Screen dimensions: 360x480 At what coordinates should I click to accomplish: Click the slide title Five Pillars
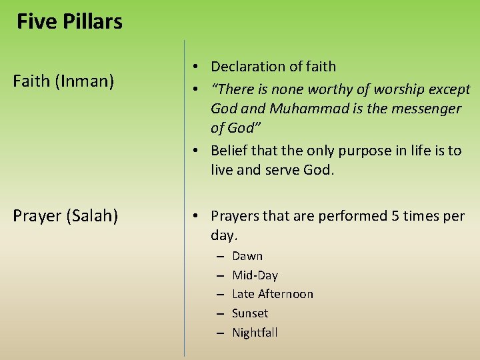tap(69, 21)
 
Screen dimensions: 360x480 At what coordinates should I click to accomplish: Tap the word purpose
tap(347, 151)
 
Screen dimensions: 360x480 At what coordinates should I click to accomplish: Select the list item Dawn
tap(247, 256)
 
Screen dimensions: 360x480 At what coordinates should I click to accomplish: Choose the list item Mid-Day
tap(255, 275)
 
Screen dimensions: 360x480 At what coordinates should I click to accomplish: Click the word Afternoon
tap(285, 294)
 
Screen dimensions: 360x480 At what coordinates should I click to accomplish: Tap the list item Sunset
tap(250, 313)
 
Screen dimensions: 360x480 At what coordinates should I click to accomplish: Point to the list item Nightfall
tap(255, 333)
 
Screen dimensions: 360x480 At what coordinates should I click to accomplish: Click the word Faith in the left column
tap(32, 81)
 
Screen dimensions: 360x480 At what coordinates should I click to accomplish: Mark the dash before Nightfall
tap(219, 333)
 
